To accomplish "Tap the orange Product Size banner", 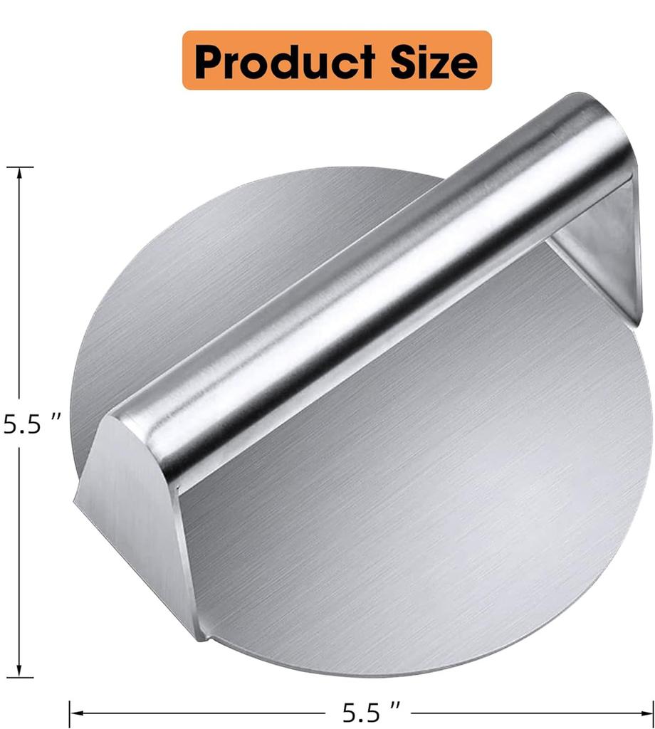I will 337,61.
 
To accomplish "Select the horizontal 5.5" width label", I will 371,711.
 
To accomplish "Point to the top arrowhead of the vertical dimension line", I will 20,175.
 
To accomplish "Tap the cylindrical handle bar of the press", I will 370,285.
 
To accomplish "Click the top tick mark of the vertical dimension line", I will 20,167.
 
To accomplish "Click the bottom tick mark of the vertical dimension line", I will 20,676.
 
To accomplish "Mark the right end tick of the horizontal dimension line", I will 652,710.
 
